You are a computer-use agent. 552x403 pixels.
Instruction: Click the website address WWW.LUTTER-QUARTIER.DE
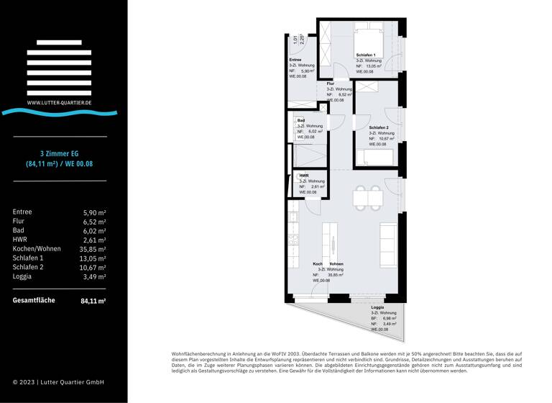click(x=59, y=103)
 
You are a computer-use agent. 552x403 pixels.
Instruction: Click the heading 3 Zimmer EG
click(x=60, y=153)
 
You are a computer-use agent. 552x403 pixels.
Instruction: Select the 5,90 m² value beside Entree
click(x=94, y=212)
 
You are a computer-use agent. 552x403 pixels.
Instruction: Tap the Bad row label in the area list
click(x=19, y=230)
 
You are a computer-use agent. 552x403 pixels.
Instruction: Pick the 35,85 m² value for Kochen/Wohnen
click(x=92, y=249)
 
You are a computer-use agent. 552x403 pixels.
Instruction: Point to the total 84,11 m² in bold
click(x=93, y=301)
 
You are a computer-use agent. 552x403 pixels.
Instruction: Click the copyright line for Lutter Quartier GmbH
click(x=58, y=382)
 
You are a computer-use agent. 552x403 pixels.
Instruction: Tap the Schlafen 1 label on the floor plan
click(x=367, y=55)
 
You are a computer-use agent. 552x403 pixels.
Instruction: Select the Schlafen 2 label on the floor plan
click(x=379, y=127)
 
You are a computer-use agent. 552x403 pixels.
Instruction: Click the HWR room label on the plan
click(x=304, y=176)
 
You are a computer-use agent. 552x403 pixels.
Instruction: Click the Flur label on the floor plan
click(x=330, y=84)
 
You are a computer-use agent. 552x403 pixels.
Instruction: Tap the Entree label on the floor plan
click(x=295, y=60)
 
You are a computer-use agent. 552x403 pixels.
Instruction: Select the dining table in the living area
click(x=367, y=196)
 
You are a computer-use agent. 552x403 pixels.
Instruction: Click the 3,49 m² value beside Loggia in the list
click(x=94, y=276)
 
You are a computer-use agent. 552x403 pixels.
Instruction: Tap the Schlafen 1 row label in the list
click(x=28, y=258)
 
